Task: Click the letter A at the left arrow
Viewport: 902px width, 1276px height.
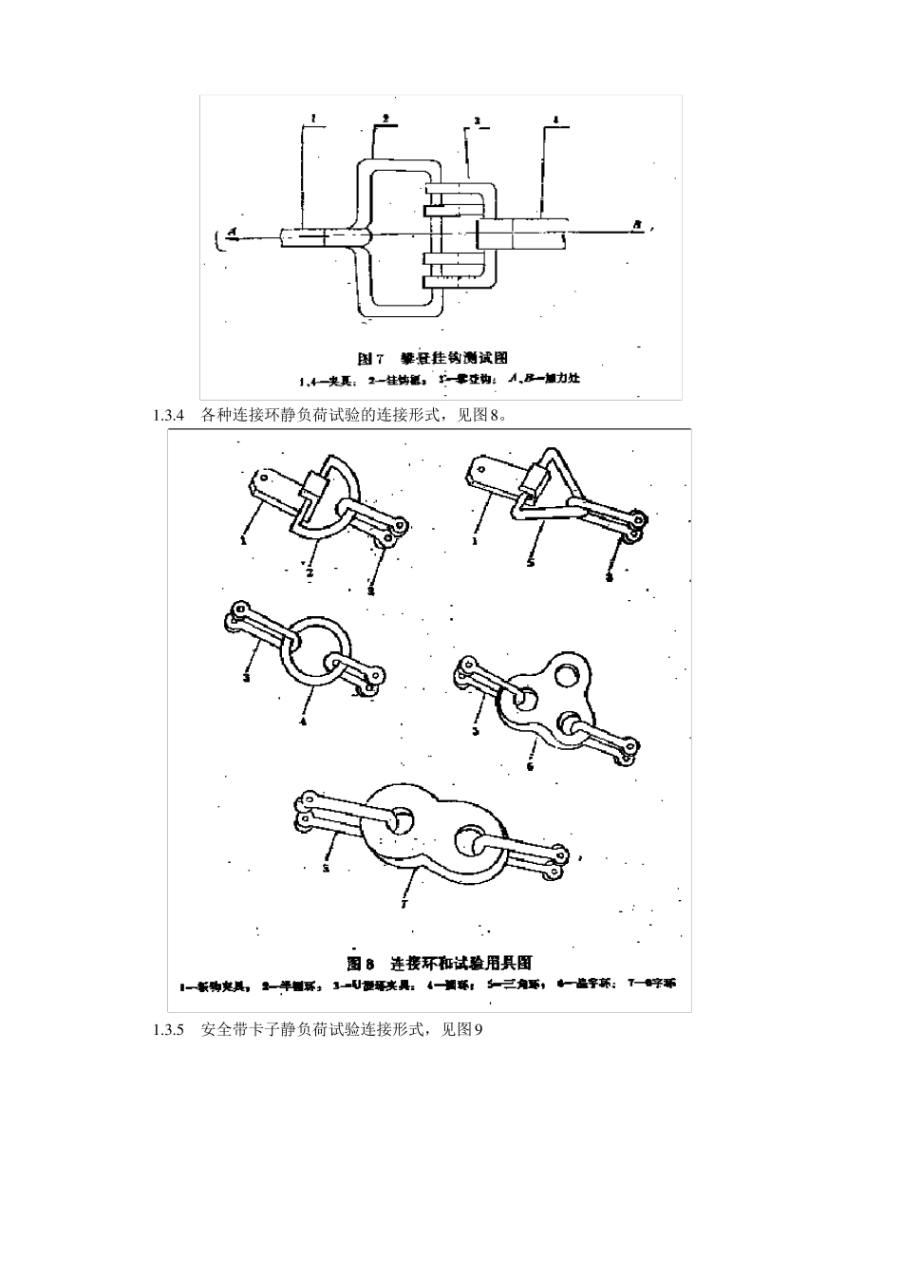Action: [230, 232]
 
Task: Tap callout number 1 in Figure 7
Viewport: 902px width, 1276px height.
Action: [311, 121]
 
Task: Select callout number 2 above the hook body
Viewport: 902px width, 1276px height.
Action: [385, 119]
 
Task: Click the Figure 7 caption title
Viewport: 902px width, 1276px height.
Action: [432, 358]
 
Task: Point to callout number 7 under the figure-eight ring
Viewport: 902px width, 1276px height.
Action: [404, 906]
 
